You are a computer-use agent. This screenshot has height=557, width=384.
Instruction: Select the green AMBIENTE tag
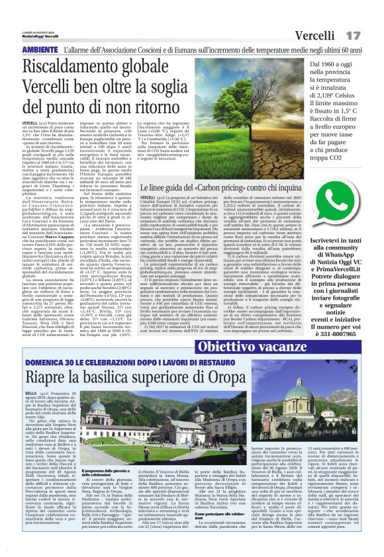(x=39, y=49)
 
